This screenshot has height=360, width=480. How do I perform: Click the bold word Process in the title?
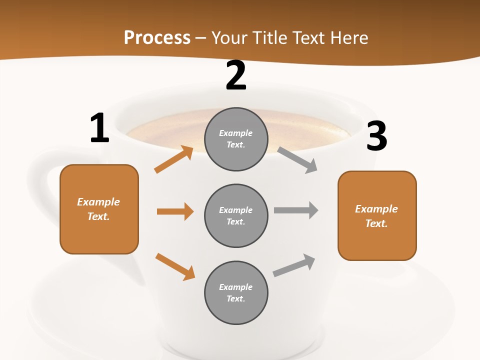[157, 38]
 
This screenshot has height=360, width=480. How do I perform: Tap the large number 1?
[99, 128]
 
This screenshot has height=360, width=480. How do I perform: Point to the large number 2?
[236, 76]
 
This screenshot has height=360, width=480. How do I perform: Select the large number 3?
[377, 136]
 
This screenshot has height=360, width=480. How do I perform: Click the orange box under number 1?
[99, 209]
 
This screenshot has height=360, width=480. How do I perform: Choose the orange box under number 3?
[377, 216]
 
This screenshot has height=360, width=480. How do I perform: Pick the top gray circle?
[236, 139]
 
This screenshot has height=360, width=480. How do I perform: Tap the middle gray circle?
[236, 215]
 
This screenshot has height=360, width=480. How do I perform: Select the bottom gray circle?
[236, 292]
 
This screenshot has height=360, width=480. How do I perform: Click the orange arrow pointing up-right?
[174, 159]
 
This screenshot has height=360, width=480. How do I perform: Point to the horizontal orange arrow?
[175, 211]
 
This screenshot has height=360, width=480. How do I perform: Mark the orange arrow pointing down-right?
[175, 266]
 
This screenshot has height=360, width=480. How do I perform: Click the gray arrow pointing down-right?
[297, 159]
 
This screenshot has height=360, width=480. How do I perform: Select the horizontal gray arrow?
[296, 210]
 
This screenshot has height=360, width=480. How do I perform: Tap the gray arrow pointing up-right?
[294, 265]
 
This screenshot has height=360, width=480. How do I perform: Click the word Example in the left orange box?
[98, 202]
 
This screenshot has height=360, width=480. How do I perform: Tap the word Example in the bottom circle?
[236, 287]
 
